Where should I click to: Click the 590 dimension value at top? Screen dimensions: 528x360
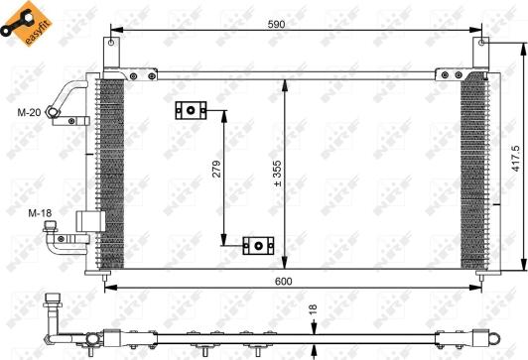pos(277,24)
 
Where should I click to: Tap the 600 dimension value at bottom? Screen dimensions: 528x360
pos(284,281)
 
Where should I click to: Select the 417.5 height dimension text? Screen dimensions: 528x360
pos(516,159)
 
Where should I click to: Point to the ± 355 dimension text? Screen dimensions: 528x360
pos(277,174)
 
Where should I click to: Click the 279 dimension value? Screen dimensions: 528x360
pos(216,169)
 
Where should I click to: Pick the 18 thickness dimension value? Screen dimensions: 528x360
pos(313,309)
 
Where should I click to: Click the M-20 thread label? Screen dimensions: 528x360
pos(30,112)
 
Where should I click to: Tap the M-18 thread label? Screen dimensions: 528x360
pos(40,213)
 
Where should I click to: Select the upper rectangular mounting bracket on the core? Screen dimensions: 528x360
pos(191,110)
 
